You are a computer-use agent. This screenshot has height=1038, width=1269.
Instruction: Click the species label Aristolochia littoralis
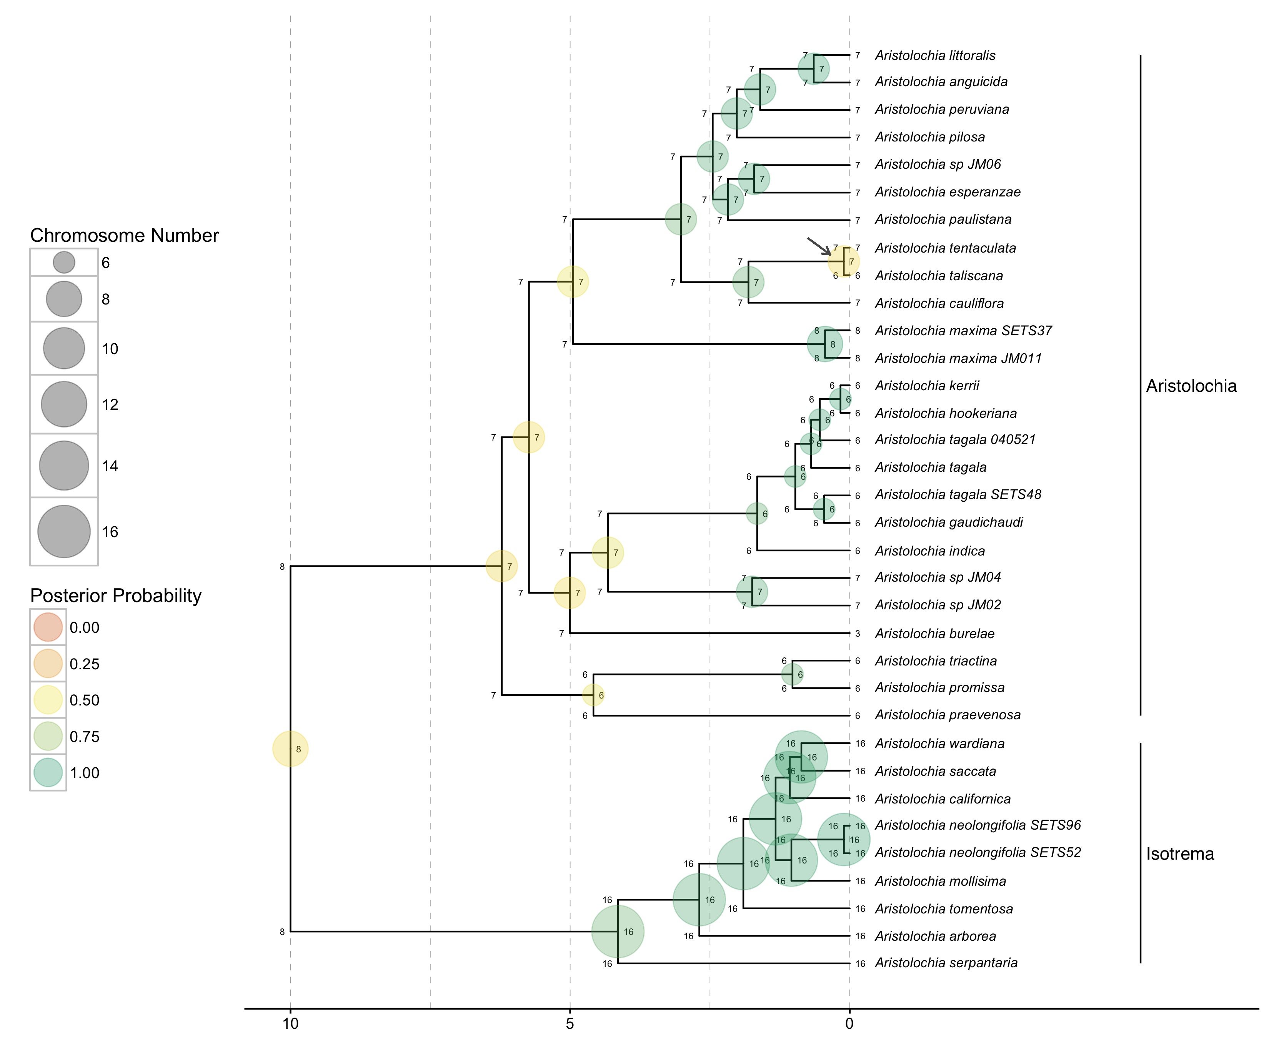[935, 56]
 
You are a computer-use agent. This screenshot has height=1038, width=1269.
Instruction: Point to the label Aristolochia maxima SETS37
[963, 331]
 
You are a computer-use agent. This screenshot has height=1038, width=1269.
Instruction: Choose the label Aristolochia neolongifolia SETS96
[977, 825]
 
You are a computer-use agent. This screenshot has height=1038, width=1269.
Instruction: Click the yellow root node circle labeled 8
[291, 749]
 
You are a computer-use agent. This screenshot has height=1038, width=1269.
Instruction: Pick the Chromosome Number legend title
[124, 236]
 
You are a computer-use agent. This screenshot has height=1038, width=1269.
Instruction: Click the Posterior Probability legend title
[116, 596]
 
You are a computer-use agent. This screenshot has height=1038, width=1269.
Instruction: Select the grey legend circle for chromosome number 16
[64, 531]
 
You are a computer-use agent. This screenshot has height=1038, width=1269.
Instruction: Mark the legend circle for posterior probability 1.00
[48, 772]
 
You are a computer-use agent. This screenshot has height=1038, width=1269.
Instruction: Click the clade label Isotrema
[1179, 854]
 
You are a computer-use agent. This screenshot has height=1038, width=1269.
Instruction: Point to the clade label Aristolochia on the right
[1191, 386]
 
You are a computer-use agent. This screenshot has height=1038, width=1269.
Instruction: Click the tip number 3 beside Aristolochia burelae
[858, 634]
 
